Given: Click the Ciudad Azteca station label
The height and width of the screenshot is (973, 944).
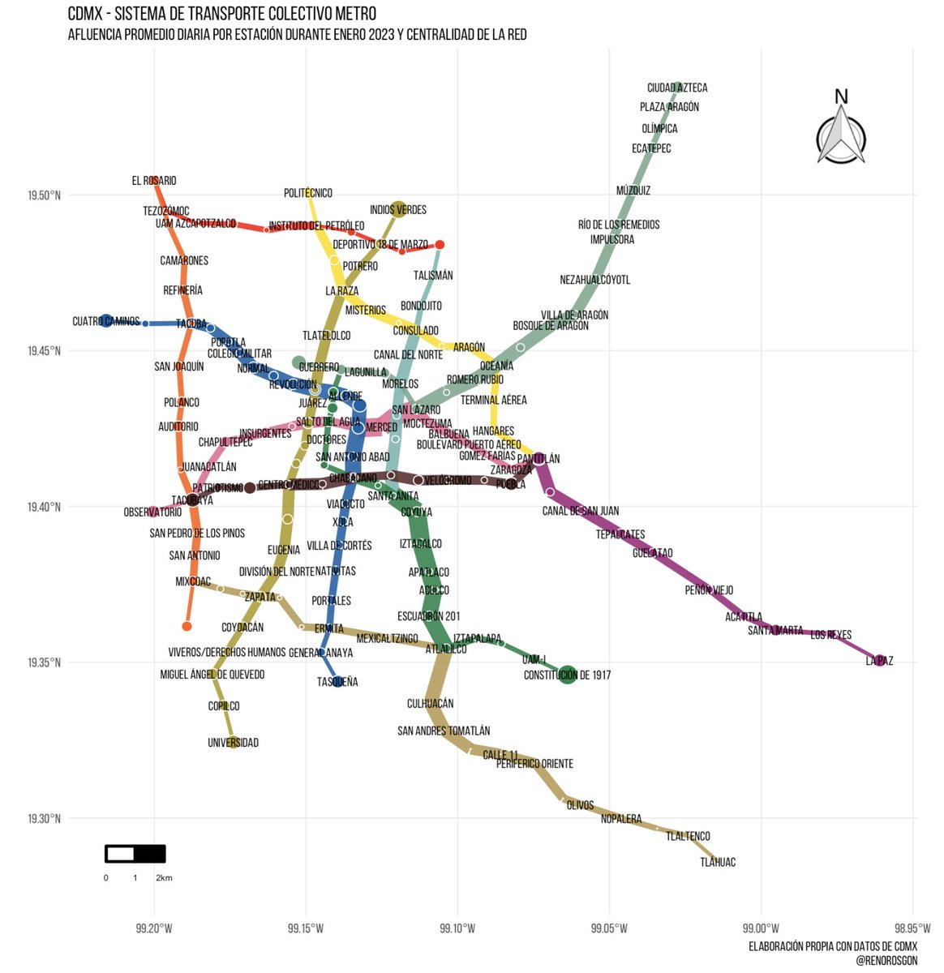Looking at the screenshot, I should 677,88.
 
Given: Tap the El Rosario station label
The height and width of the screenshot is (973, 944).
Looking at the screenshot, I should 154,181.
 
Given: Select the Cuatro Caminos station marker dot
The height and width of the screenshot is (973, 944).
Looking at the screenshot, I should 106,321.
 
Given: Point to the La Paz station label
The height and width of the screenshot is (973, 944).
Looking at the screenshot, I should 879,661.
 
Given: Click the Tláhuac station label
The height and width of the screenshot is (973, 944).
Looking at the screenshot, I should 718,862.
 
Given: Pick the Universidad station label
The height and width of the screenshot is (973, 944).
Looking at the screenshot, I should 233,743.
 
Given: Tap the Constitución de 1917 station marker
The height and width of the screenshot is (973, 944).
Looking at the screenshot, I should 568,674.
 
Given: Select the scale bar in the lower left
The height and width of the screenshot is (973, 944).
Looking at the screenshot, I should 135,854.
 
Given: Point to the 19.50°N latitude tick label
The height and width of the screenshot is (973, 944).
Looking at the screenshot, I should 44,195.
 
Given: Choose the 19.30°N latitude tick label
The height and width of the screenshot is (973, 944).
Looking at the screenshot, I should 44,819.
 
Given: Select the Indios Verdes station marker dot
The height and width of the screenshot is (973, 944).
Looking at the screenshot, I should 398,208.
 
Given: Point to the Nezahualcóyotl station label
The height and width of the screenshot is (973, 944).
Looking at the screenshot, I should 595,280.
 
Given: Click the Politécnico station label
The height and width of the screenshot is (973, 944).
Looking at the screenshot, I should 308,193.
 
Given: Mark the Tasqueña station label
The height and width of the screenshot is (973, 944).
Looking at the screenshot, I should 337,682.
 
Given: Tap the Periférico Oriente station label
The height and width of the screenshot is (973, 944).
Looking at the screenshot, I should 534,764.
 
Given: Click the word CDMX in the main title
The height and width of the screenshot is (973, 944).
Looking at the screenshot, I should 85,15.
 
